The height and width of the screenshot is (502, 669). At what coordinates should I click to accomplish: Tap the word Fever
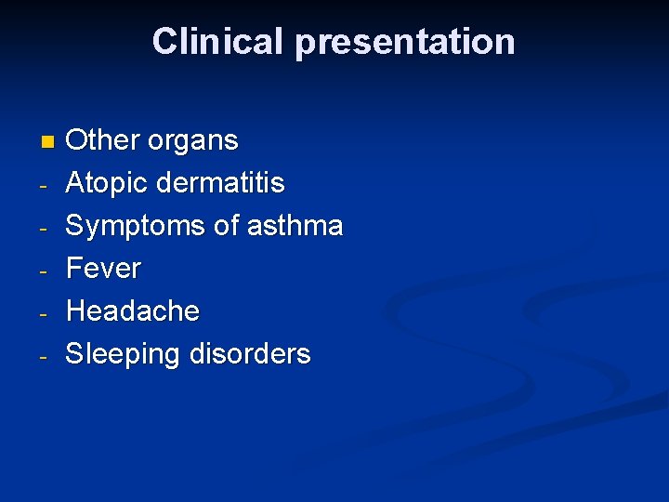pyautogui.click(x=104, y=269)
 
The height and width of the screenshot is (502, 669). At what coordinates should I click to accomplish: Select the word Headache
pyautogui.click(x=133, y=310)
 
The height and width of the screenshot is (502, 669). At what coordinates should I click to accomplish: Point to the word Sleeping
pyautogui.click(x=124, y=354)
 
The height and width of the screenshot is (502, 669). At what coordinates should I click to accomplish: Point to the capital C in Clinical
pyautogui.click(x=164, y=42)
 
